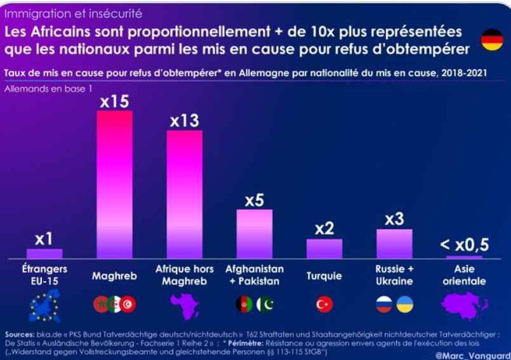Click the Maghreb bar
coord(114,184)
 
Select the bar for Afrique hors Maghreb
coord(185,194)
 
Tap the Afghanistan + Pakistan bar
coord(254,234)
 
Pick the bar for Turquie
coord(324,248)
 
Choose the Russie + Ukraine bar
coord(394,244)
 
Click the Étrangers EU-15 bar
coord(44,253)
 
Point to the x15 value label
coord(115,101)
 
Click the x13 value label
coord(185,121)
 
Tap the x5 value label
coord(254,200)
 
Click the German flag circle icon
coord(491,39)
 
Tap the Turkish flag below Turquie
coord(324,305)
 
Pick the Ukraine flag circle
coord(405,305)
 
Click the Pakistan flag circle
coord(265,305)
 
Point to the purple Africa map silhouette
coord(185,306)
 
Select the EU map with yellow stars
coord(44,305)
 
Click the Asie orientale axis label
coord(464,275)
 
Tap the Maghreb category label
coord(114,276)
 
